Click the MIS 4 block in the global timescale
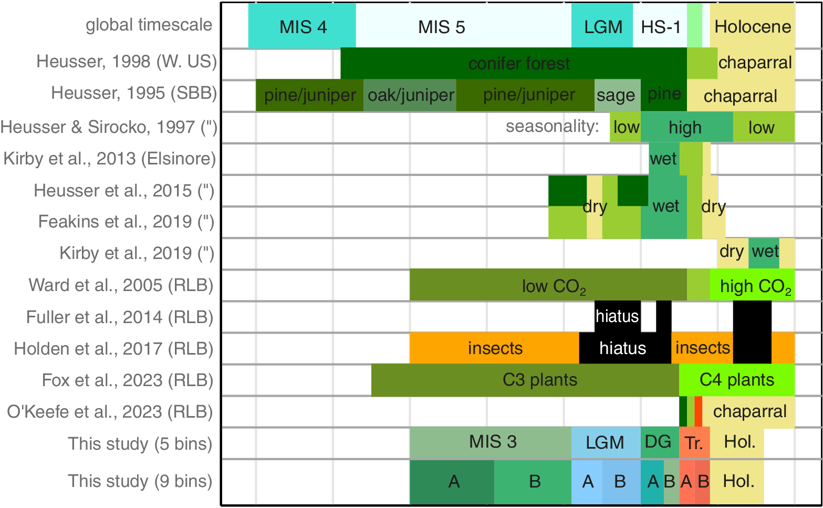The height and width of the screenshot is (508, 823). (x=302, y=26)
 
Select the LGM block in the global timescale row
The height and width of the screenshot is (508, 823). (x=602, y=26)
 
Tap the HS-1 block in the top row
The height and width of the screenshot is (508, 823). (x=660, y=26)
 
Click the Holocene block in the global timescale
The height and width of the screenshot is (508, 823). (x=752, y=26)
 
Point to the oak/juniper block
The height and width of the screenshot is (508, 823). (x=410, y=95)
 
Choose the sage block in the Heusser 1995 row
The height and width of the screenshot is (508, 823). (x=617, y=95)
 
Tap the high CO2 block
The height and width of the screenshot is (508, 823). (x=752, y=285)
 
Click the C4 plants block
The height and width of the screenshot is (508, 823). (x=736, y=380)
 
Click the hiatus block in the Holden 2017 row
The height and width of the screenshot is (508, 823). (x=624, y=348)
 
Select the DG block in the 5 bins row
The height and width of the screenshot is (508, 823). (x=659, y=442)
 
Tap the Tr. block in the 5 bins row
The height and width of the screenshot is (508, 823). (x=694, y=442)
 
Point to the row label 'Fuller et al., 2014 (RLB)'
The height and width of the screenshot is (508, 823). (x=120, y=317)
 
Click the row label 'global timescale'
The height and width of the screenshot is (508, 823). (x=149, y=25)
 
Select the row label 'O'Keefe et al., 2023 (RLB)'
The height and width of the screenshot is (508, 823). (x=110, y=412)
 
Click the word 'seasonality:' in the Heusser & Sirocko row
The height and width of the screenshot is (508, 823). (x=553, y=127)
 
